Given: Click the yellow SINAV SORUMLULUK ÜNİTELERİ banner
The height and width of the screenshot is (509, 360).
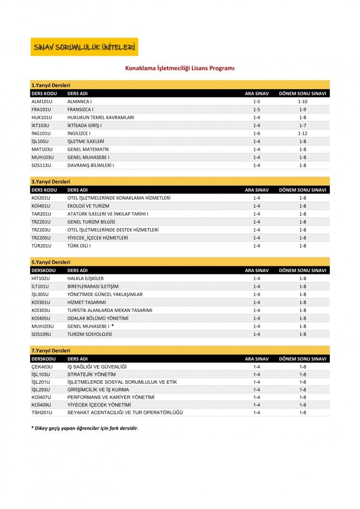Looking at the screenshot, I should pos(84,47).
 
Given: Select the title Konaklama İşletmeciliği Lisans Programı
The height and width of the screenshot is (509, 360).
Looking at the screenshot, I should pos(180,69).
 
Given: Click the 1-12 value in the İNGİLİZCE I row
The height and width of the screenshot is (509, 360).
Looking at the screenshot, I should pos(302,133).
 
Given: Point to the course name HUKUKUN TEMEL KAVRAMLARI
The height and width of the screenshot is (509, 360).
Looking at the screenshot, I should pos(101,118).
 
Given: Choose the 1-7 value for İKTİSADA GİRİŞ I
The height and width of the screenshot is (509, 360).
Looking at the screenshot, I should pos(302,125).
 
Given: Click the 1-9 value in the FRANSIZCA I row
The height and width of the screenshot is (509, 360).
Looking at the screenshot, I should pos(302,109).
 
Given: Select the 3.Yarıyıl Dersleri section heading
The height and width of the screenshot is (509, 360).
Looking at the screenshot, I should pos(51,182).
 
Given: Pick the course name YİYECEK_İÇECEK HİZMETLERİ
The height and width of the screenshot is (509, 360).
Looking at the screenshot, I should pos(97,238).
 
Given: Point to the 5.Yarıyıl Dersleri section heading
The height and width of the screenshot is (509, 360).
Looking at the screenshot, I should pos(51,262).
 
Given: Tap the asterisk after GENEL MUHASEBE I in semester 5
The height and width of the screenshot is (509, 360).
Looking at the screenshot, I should pos(112,326).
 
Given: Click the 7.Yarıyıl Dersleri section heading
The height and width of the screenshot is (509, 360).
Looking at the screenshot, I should pos(51,351).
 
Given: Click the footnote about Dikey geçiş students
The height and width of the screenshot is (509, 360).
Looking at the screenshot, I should pos(84,428).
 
